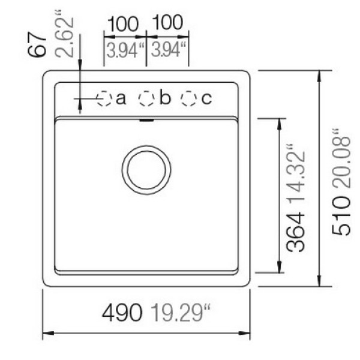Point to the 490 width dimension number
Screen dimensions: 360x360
coord(122,313)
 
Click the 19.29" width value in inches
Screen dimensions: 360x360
coord(181,313)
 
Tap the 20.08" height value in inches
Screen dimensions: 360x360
coord(341,158)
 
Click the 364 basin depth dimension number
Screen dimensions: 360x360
coord(296,232)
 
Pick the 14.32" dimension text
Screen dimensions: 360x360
coord(296,174)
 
